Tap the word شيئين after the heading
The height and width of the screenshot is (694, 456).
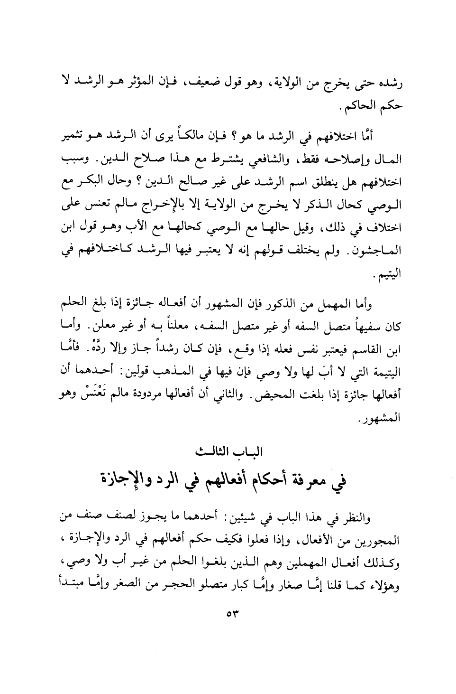click(265, 516)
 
